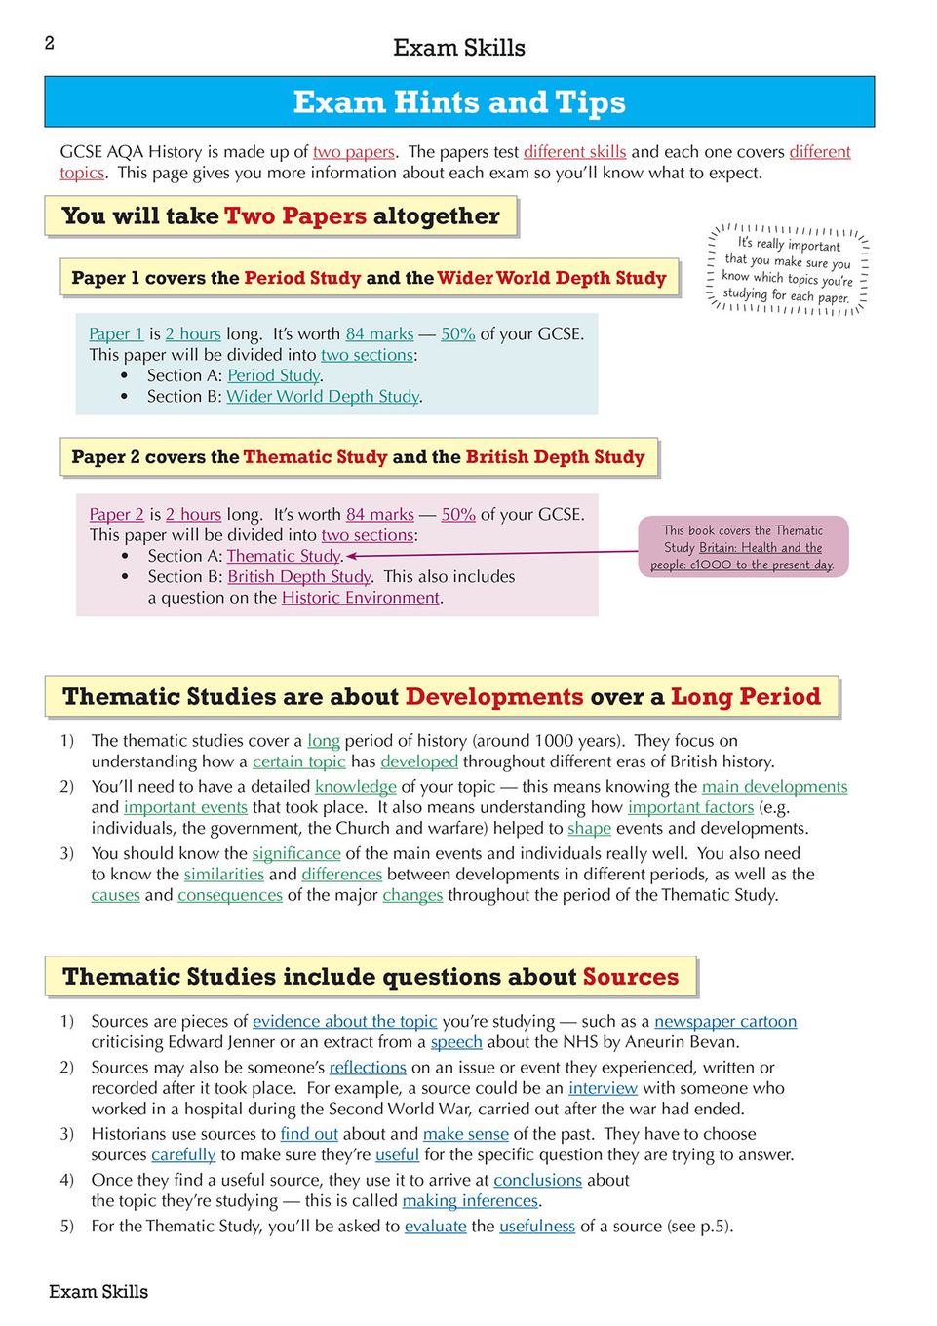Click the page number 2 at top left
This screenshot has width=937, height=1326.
click(x=50, y=43)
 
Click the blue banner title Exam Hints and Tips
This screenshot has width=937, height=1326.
click(x=459, y=102)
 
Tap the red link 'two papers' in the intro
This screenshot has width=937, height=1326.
click(x=354, y=152)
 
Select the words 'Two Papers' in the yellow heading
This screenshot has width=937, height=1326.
click(x=295, y=216)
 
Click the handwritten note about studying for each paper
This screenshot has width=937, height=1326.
click(x=787, y=270)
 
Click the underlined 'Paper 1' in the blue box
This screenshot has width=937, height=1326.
click(x=116, y=334)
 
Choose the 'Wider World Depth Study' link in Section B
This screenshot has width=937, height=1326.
click(x=323, y=397)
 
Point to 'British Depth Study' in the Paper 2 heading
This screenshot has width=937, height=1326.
click(x=555, y=457)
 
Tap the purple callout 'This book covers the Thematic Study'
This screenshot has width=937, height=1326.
click(x=743, y=547)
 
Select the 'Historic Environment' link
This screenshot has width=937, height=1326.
click(x=361, y=598)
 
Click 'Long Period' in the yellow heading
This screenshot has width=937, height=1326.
click(x=745, y=697)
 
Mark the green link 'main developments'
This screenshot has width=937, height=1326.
click(x=774, y=787)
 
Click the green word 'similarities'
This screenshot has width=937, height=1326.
click(x=224, y=875)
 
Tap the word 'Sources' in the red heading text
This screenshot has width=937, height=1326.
click(x=630, y=977)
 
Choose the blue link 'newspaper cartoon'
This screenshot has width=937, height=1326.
click(x=725, y=1022)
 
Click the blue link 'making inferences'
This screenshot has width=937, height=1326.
click(x=470, y=1201)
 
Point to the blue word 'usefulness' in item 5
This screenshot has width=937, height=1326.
click(x=537, y=1227)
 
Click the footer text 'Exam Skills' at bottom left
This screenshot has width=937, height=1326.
click(x=98, y=1292)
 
